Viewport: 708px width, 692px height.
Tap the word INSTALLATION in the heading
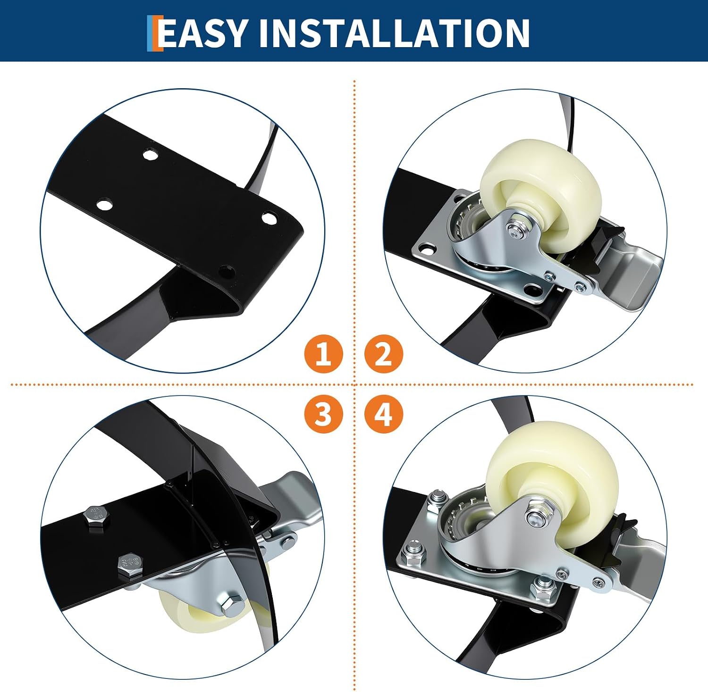pos(394,33)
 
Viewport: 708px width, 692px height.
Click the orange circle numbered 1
pos(323,354)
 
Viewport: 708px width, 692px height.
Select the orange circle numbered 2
pos(384,354)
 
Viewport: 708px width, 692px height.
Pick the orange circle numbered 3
pos(323,414)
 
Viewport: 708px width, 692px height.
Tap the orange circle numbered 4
pos(384,414)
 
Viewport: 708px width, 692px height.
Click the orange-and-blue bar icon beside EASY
pos(154,33)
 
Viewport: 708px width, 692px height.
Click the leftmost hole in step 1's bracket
pos(104,205)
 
